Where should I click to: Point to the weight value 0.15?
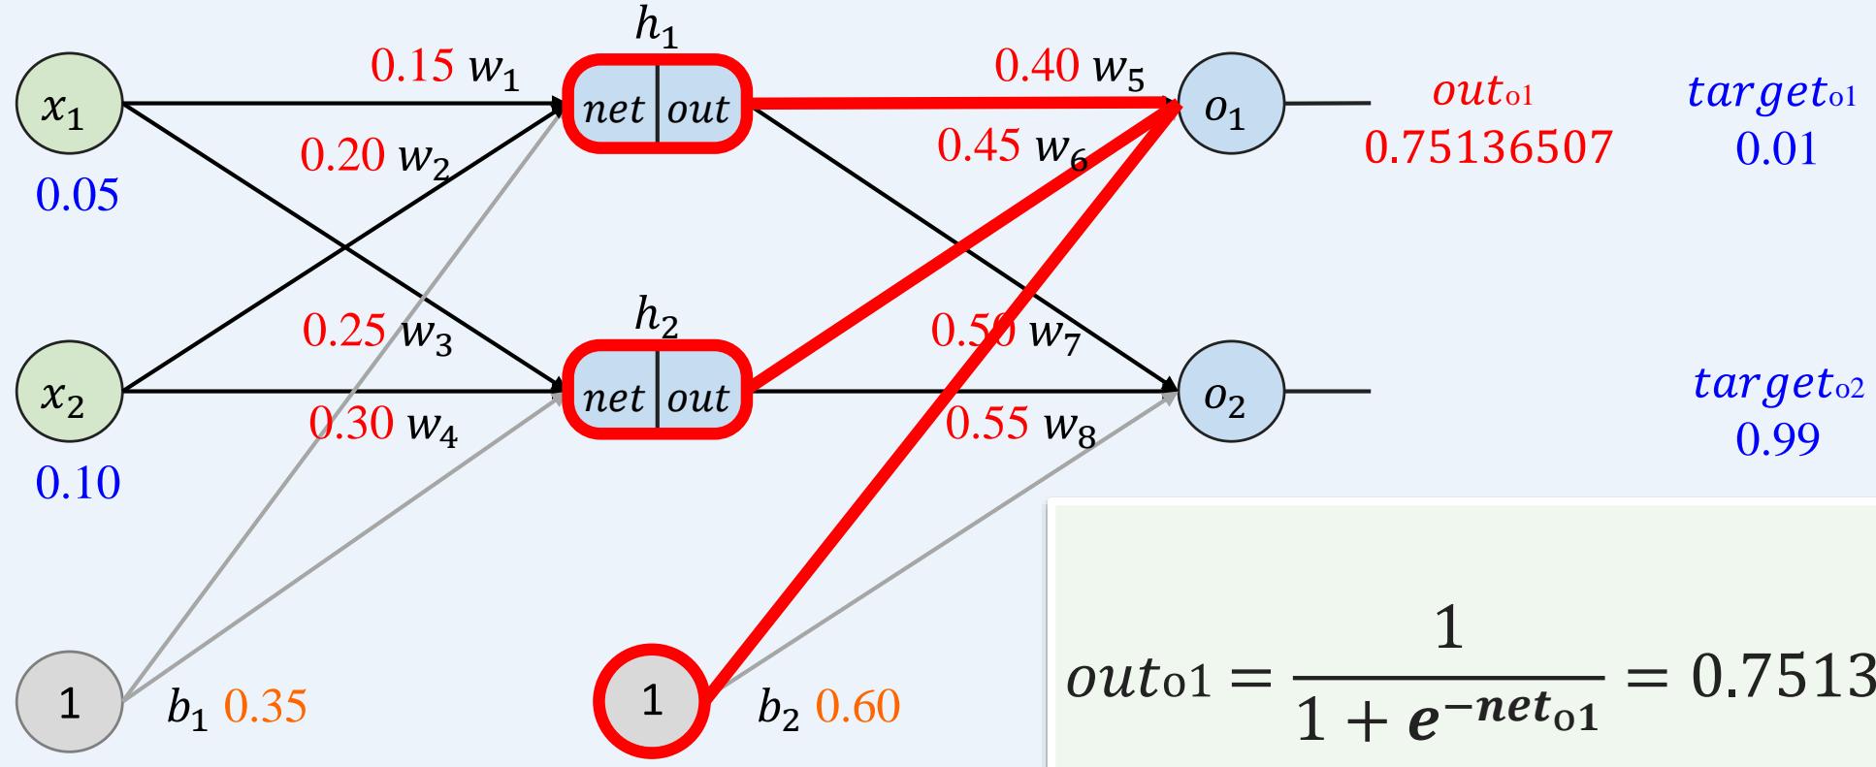(412, 66)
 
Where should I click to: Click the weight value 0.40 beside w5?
(1036, 66)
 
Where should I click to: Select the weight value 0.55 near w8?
(987, 424)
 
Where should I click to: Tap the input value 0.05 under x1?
(78, 196)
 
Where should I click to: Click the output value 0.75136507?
(1488, 147)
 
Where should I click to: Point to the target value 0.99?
(1777, 439)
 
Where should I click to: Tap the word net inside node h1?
(615, 110)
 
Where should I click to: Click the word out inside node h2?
(696, 398)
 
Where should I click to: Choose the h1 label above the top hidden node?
(656, 30)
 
